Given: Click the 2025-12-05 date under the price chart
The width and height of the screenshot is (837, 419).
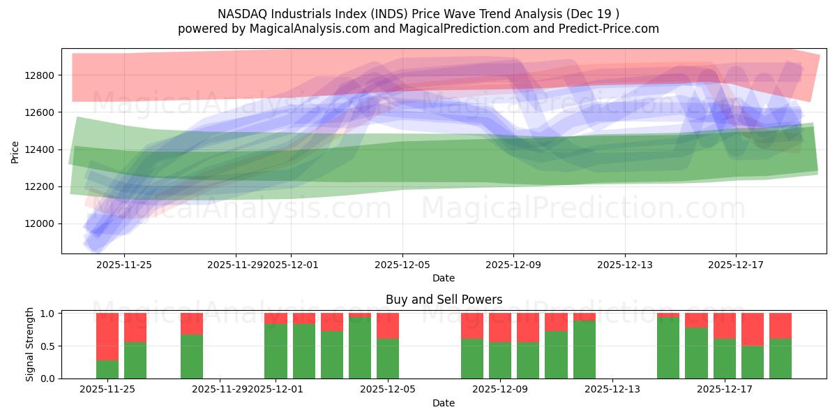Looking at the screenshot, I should (402, 265).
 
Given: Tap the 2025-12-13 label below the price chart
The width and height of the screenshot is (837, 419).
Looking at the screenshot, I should (625, 265).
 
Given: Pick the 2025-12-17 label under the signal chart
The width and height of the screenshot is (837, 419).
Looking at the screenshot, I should (724, 389).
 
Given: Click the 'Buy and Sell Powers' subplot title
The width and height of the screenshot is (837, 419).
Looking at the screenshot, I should (444, 300).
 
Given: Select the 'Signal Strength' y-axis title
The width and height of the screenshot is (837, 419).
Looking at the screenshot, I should (29, 345).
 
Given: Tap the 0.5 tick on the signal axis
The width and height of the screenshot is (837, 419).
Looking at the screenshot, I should (48, 346).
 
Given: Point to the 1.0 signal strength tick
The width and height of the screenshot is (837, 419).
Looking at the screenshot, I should (48, 314).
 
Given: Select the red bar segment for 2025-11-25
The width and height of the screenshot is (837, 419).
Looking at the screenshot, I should (135, 328).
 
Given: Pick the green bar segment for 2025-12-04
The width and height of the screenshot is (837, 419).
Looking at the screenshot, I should (360, 348).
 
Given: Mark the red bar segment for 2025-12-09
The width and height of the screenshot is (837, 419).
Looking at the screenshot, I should (500, 328).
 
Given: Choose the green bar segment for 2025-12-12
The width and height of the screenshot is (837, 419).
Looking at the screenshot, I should (585, 349).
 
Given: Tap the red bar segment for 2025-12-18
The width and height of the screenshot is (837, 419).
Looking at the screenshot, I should (753, 330).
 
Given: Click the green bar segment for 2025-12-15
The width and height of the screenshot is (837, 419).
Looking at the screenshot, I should (668, 348).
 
